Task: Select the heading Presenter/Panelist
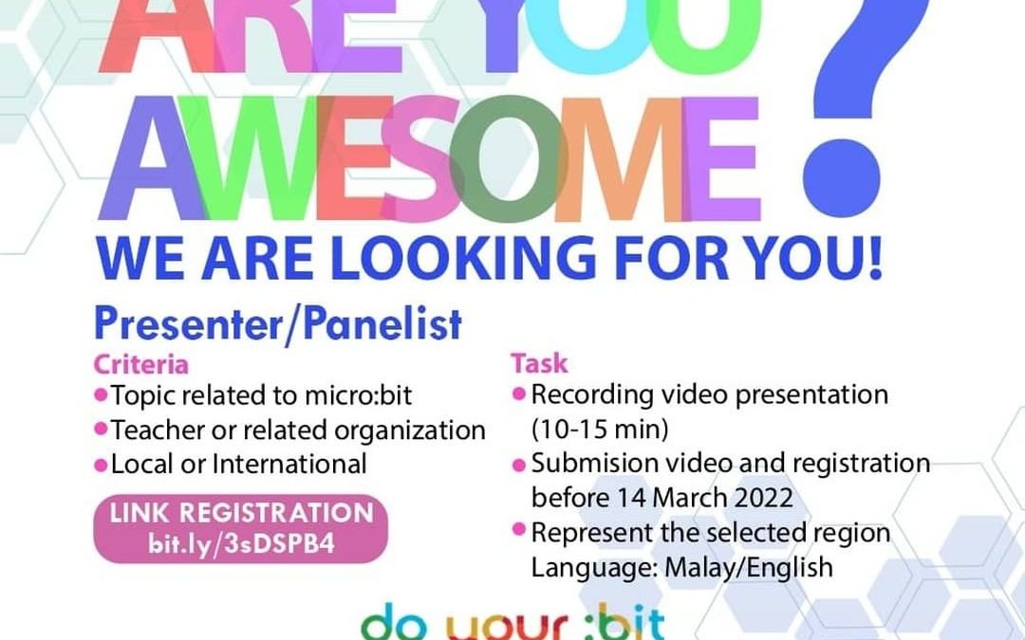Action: [277, 324]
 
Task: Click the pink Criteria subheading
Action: [140, 364]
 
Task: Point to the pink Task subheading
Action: [539, 363]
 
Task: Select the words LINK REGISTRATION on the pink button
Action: [242, 513]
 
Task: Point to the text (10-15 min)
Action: [600, 429]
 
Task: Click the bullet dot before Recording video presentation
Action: [519, 393]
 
